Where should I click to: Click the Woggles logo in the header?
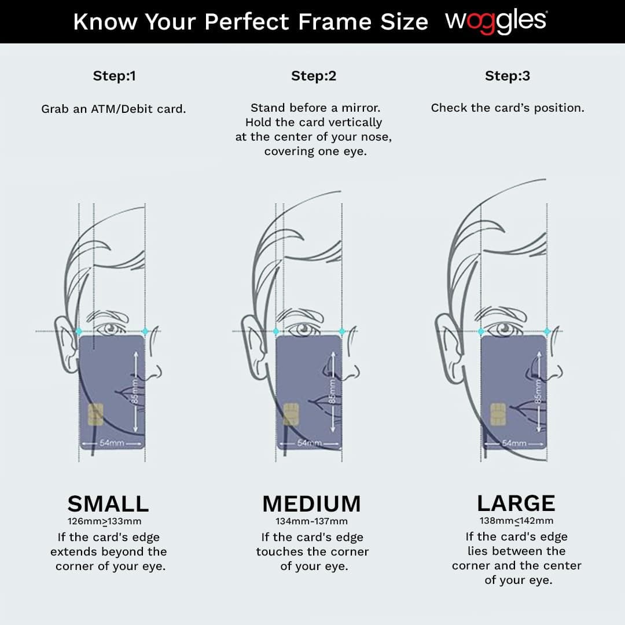(497, 21)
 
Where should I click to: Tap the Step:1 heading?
(115, 76)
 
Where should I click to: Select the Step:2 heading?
(314, 76)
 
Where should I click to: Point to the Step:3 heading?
(508, 76)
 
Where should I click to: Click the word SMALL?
(108, 503)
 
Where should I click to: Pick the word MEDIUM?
(312, 503)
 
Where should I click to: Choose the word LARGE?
(516, 503)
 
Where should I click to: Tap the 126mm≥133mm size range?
(104, 521)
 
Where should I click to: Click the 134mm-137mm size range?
(312, 521)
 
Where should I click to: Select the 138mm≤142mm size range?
(516, 521)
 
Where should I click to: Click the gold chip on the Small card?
(95, 414)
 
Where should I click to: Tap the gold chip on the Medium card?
(291, 414)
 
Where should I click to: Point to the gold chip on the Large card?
(498, 414)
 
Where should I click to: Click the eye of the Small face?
(109, 329)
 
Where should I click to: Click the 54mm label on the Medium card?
(309, 443)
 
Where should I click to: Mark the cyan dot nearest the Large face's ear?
(481, 331)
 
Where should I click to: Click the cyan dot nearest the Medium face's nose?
(342, 331)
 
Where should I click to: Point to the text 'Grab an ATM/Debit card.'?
(113, 109)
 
